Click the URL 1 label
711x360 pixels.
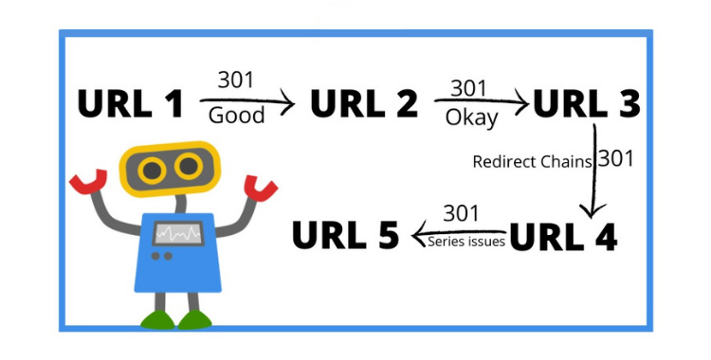130,103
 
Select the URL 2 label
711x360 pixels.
364,103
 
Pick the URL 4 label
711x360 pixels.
564,236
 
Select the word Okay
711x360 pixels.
471,118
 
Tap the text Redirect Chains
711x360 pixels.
533,161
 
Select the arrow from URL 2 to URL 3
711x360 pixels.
481,99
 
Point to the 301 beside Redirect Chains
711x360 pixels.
616,158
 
